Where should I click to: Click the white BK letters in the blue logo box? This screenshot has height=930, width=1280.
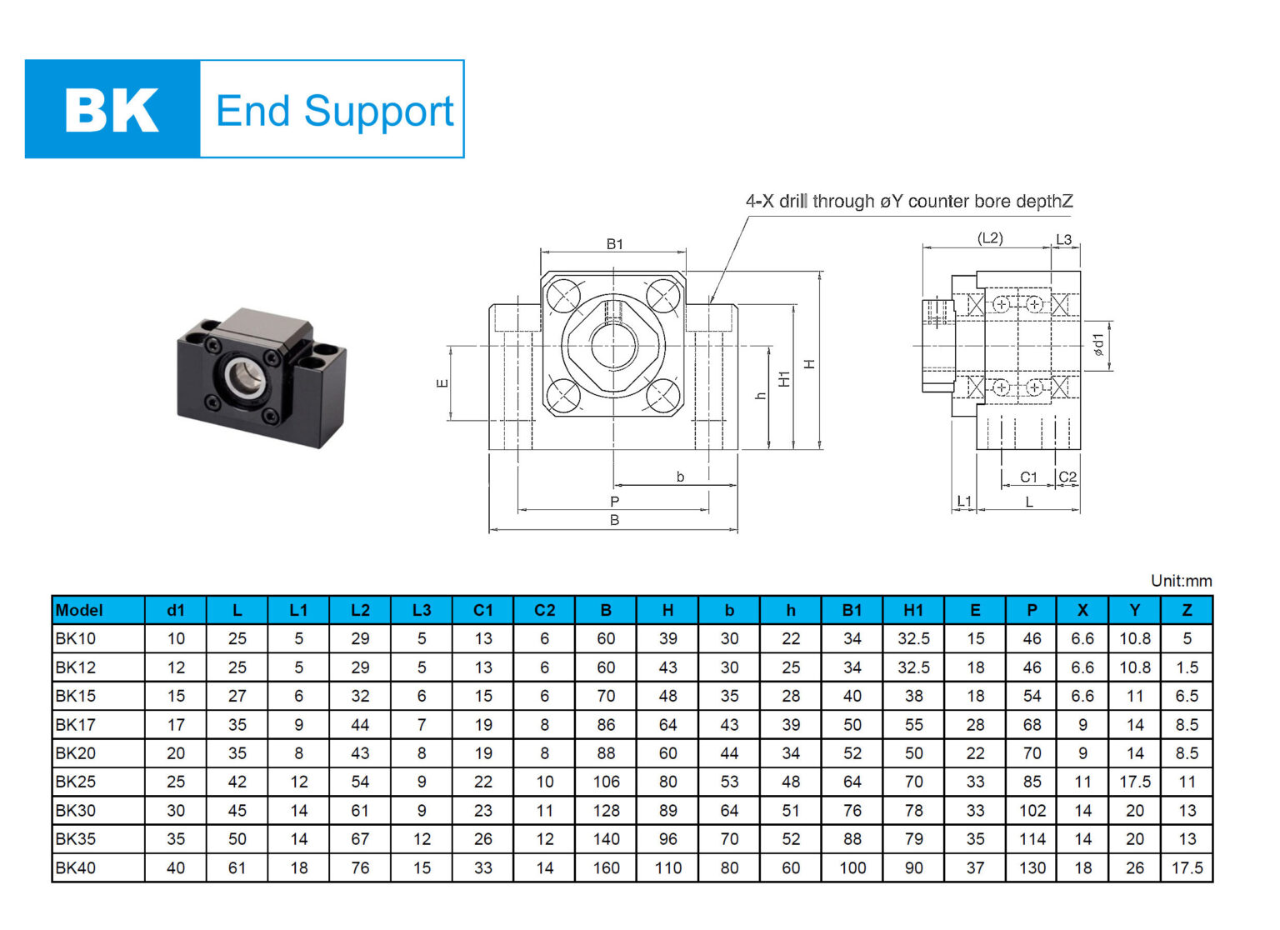click(112, 110)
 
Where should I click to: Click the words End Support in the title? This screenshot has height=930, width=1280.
click(334, 111)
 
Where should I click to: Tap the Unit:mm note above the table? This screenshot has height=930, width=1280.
click(1181, 581)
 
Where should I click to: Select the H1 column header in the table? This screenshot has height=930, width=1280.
click(913, 610)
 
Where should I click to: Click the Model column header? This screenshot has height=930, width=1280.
click(79, 610)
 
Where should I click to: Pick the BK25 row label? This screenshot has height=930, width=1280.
click(76, 782)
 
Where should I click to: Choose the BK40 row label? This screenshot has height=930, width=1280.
click(76, 867)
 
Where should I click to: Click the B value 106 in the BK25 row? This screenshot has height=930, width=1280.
click(606, 782)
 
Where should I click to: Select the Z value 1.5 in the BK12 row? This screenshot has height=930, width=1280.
click(1187, 667)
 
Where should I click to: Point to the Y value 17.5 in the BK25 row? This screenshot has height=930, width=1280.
click(1134, 782)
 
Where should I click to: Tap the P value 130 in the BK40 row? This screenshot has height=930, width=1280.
click(1032, 867)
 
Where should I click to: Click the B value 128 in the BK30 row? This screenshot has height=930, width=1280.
click(606, 810)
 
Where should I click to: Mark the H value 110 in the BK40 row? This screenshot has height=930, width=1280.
click(667, 867)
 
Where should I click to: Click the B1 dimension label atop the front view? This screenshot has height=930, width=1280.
click(614, 244)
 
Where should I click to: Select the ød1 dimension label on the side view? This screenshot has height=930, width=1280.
click(1098, 345)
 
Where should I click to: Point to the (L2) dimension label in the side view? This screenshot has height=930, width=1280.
click(990, 238)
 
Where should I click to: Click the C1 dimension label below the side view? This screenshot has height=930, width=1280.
click(1029, 477)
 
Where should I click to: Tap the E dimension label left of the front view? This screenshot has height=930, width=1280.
click(442, 383)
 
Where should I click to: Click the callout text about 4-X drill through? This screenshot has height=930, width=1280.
click(908, 202)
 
